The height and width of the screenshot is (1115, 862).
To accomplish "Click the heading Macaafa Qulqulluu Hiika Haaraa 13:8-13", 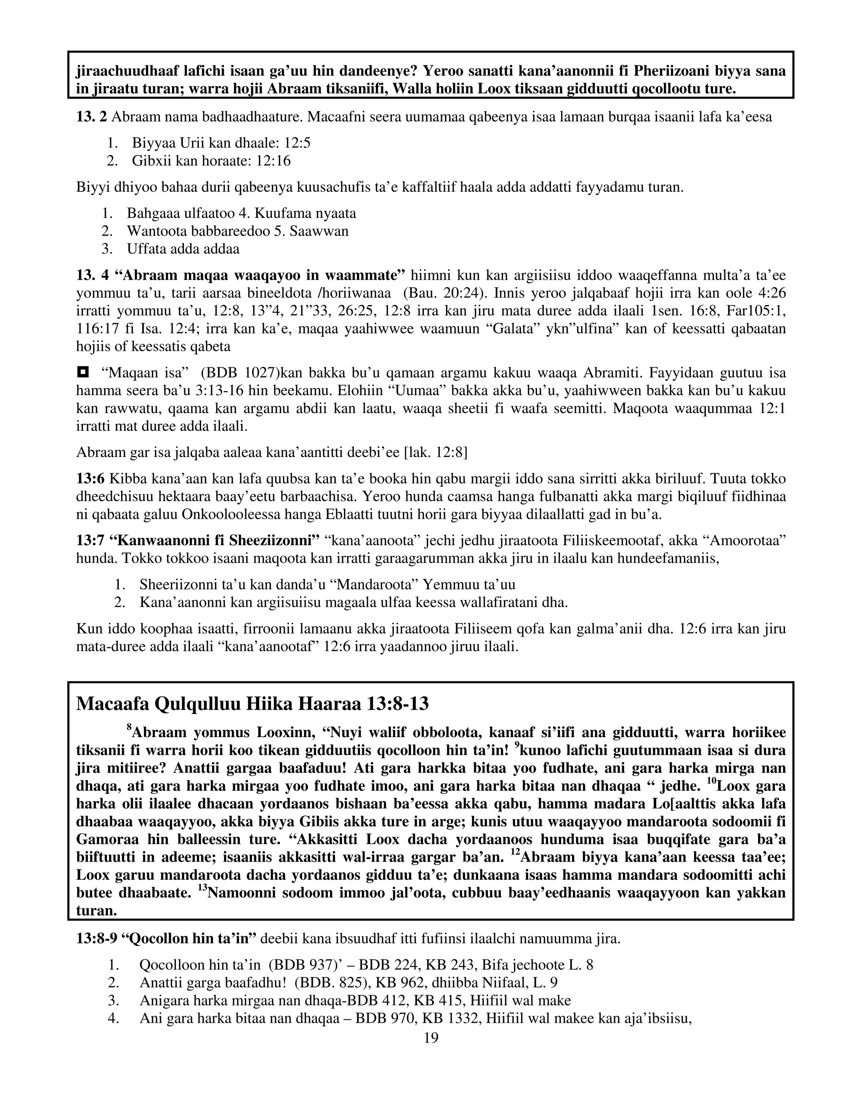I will click(x=252, y=704).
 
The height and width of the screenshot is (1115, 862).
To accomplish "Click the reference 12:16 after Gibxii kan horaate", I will click(x=273, y=161).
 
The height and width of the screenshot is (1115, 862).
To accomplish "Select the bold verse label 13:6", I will click(x=90, y=479).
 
